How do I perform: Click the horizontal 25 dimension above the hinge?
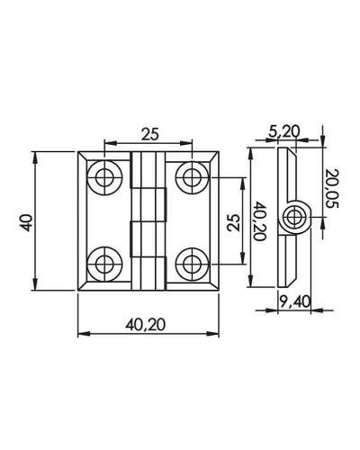click(x=149, y=134)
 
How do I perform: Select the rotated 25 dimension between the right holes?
click(x=234, y=222)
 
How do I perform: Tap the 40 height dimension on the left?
click(x=27, y=222)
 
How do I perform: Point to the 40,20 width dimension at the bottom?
click(x=145, y=325)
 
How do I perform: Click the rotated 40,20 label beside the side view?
click(x=260, y=221)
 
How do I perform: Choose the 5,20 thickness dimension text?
click(x=284, y=131)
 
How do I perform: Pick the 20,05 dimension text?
click(x=331, y=189)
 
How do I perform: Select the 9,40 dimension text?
click(x=295, y=301)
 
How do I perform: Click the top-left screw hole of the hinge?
click(x=104, y=178)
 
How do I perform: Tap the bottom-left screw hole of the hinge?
click(x=104, y=265)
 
